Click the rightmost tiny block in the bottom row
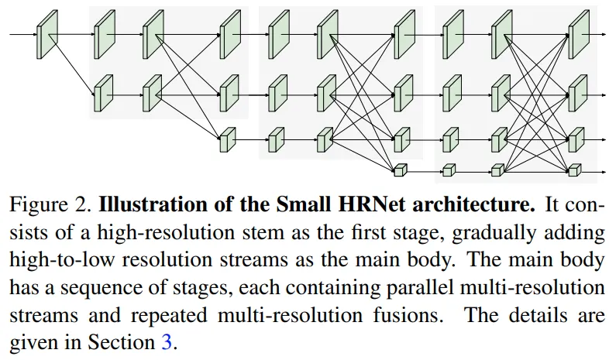574,169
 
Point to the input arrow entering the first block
23,35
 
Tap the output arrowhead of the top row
602,34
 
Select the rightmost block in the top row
577,34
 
